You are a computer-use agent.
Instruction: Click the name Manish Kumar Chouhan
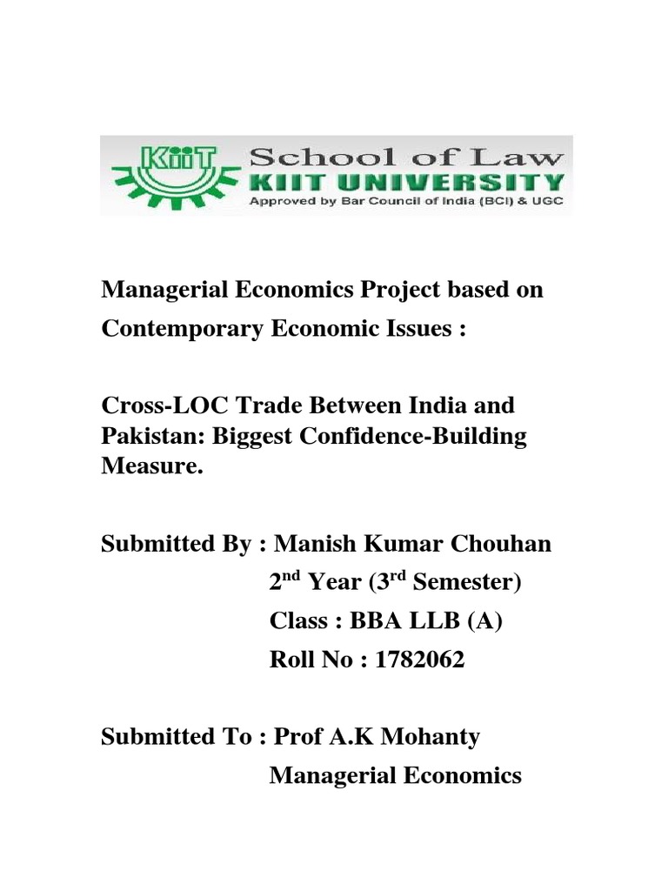click(x=412, y=544)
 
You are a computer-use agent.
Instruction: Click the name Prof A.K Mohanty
click(x=377, y=737)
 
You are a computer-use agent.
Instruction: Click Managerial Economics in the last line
click(x=395, y=774)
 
